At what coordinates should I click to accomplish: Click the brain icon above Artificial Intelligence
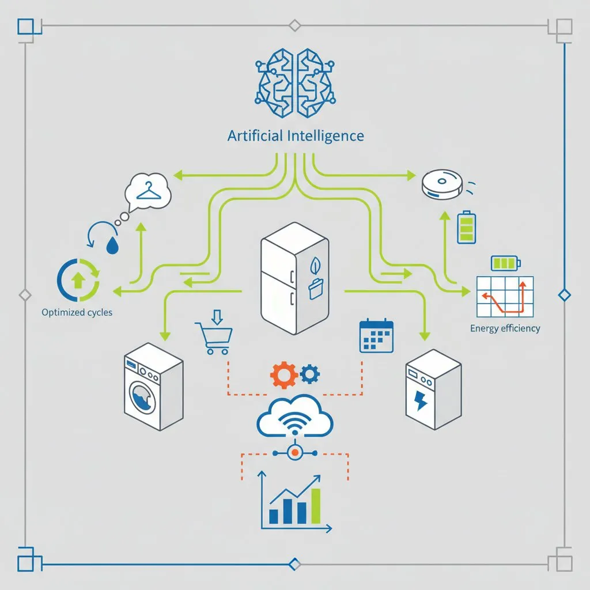pyautogui.click(x=295, y=81)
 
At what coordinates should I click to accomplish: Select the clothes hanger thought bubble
pyautogui.click(x=148, y=190)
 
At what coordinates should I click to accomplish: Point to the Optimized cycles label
pyautogui.click(x=77, y=313)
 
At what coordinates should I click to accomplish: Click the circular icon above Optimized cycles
pyautogui.click(x=78, y=281)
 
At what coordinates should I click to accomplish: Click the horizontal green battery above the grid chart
pyautogui.click(x=505, y=263)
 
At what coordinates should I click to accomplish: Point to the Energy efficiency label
pyautogui.click(x=505, y=328)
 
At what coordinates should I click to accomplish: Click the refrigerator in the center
pyautogui.click(x=294, y=277)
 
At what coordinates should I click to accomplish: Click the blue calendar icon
pyautogui.click(x=376, y=336)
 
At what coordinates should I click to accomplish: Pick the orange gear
pyautogui.click(x=284, y=375)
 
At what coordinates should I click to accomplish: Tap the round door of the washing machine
pyautogui.click(x=146, y=397)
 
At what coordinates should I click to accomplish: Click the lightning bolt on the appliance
pyautogui.click(x=422, y=402)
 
